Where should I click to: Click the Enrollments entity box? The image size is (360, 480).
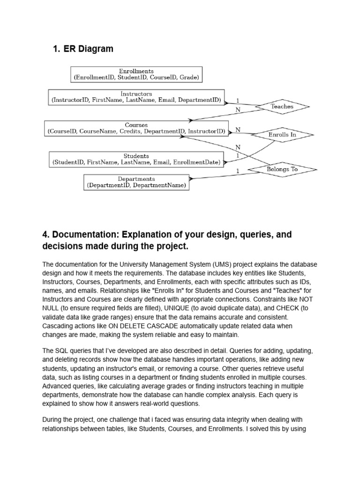136,74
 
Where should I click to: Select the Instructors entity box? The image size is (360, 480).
136,97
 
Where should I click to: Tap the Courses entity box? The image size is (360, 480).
136,128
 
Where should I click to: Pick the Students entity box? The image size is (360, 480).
136,159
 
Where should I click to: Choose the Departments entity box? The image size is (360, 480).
136,182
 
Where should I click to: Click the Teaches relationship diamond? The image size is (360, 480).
282,106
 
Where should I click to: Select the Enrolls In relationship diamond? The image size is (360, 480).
282,135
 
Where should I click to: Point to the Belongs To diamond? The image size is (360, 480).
282,169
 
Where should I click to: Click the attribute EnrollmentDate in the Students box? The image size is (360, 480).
196,162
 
